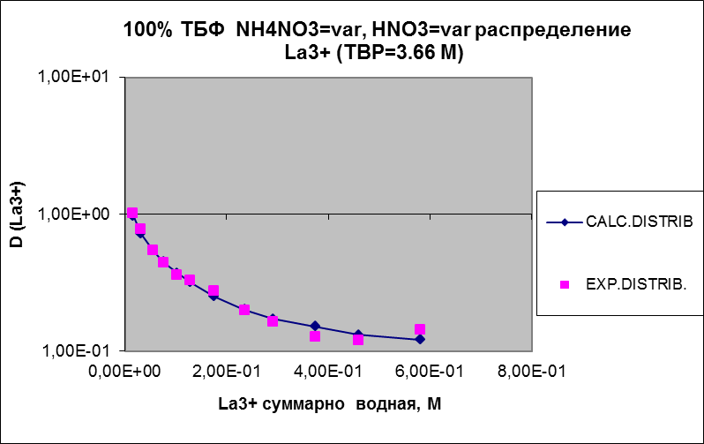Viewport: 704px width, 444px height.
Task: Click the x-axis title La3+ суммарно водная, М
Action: (x=330, y=403)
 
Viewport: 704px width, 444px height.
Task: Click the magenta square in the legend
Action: (x=565, y=284)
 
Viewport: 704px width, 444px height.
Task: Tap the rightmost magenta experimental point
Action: (x=420, y=330)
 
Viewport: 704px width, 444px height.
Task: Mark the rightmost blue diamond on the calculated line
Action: (x=420, y=339)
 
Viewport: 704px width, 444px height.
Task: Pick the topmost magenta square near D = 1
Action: (x=132, y=213)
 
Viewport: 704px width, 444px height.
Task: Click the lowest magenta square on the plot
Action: (x=358, y=340)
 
